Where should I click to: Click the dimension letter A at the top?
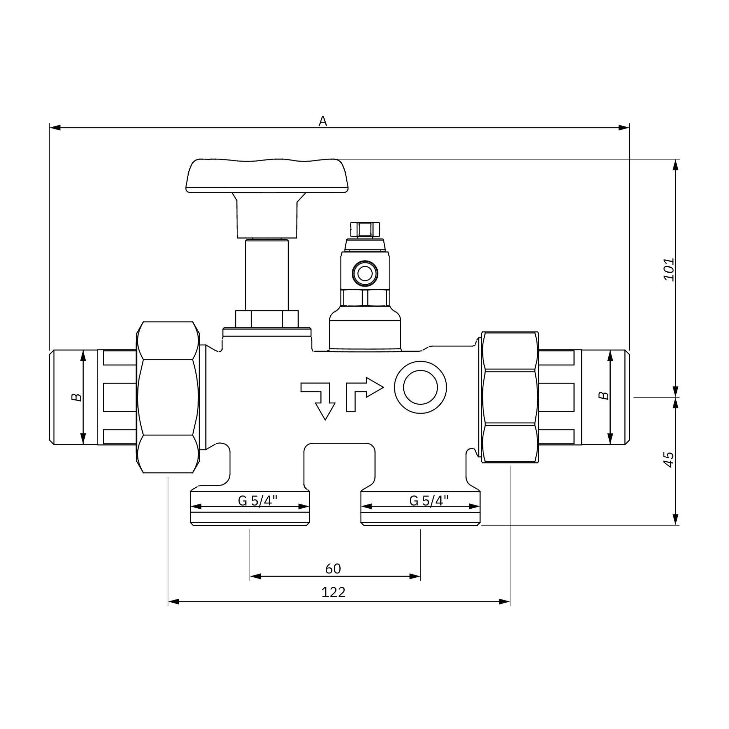coord(322,121)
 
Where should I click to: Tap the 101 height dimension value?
coord(668,269)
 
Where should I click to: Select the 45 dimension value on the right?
coord(668,460)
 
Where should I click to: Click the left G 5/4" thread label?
coord(257,501)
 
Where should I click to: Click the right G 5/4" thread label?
coord(429,501)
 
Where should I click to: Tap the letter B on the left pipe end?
coord(77,397)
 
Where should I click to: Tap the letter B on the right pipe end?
coord(604,395)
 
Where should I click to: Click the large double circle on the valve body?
coord(420,387)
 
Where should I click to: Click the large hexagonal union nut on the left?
coord(168,397)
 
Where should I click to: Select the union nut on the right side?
coord(510,397)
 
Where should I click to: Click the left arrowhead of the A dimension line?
coord(55,127)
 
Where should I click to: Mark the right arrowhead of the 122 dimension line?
coord(504,602)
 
